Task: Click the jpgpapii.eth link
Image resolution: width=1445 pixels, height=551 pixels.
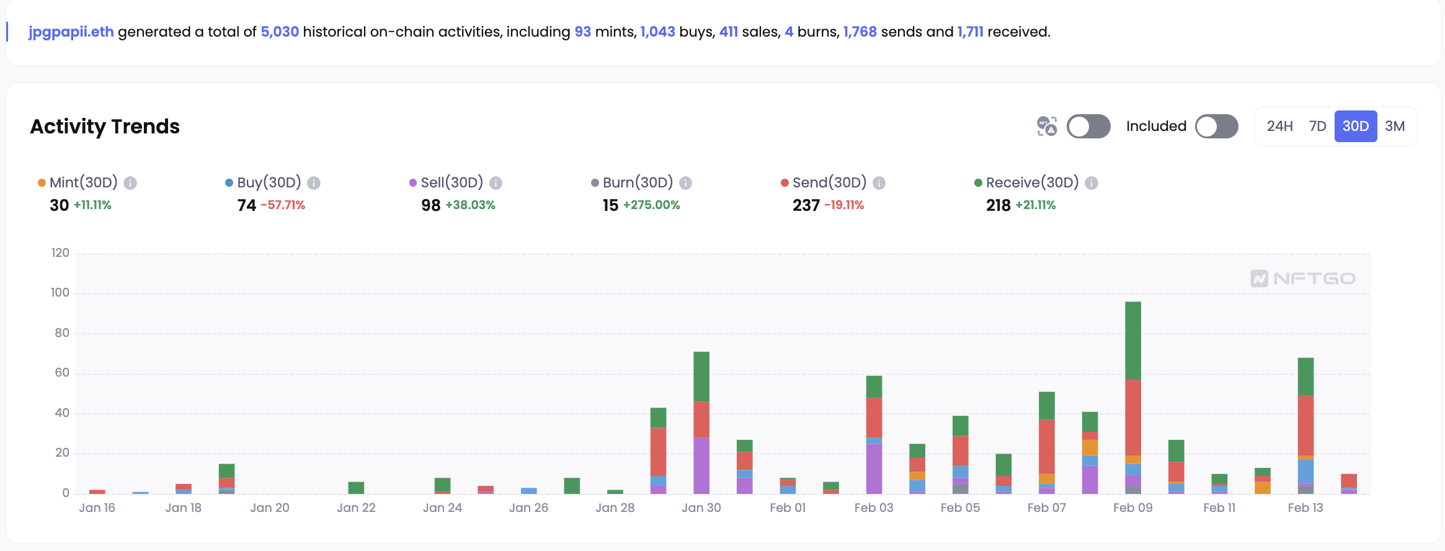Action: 71,32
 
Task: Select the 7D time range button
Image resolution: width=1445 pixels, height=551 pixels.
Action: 1317,127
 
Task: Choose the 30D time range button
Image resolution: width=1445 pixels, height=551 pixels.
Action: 1355,127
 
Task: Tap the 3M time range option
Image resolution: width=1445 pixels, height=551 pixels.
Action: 1395,127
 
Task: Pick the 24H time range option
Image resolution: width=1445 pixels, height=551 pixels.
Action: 1279,127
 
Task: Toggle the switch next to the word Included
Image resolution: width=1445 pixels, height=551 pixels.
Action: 1216,127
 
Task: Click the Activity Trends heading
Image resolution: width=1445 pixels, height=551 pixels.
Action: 105,127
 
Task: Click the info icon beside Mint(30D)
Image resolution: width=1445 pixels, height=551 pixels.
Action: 130,183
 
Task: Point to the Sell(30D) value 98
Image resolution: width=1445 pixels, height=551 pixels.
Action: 430,205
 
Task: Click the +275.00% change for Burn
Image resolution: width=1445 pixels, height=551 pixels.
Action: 651,205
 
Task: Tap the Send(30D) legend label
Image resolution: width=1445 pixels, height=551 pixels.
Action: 829,182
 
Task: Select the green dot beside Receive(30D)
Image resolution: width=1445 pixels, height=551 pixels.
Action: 978,182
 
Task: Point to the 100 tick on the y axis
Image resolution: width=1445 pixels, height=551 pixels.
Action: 60,292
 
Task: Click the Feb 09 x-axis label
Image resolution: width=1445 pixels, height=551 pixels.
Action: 1132,508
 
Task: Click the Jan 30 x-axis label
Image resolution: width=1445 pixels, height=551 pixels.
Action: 701,508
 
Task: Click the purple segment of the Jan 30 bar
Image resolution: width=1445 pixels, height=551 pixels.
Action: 701,465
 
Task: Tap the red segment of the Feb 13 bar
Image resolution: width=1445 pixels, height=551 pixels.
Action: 1305,425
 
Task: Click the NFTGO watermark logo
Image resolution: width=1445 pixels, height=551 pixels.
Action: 1303,279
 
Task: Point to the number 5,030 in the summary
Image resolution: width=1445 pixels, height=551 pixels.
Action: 280,32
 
